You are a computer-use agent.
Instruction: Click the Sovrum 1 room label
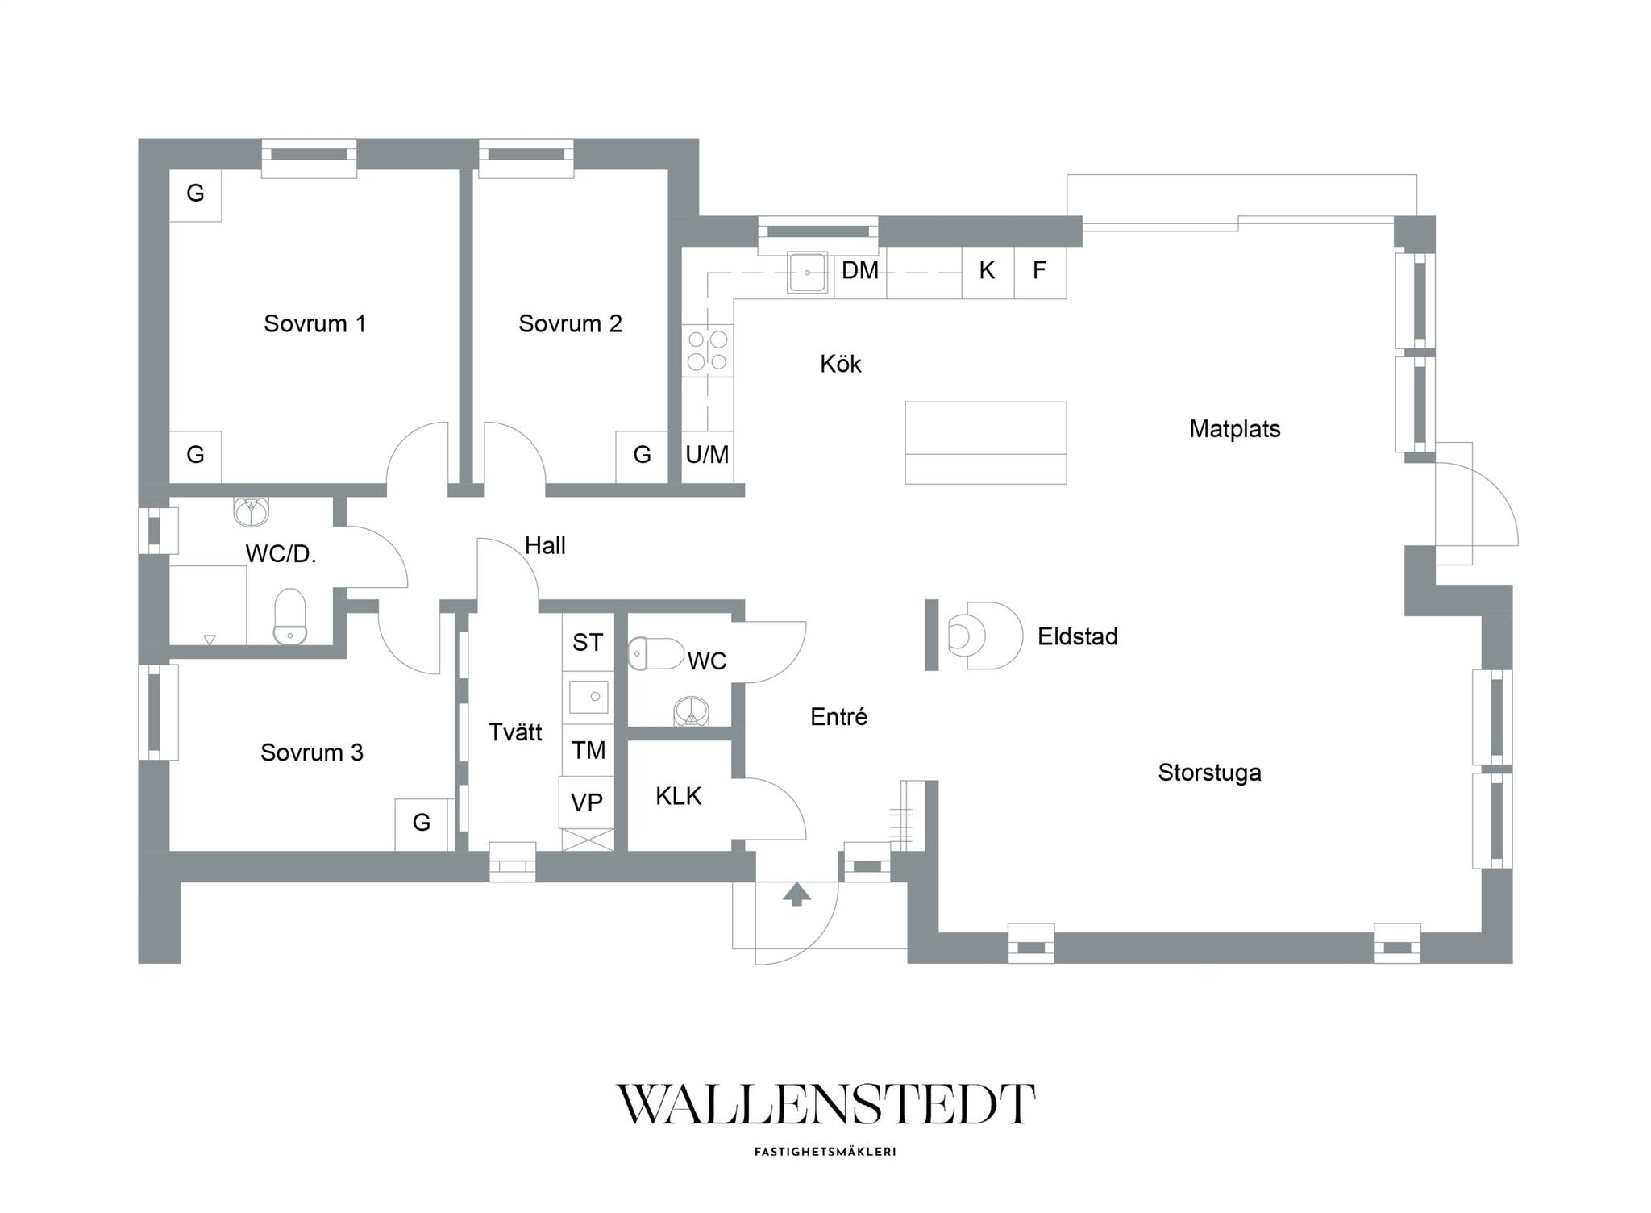pyautogui.click(x=314, y=323)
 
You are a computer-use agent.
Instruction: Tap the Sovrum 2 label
pyautogui.click(x=570, y=323)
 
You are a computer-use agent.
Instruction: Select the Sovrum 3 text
pyautogui.click(x=312, y=752)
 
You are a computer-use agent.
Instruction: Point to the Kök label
pyautogui.click(x=841, y=364)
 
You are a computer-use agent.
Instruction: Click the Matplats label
pyautogui.click(x=1235, y=428)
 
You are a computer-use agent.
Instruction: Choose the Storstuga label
pyautogui.click(x=1209, y=773)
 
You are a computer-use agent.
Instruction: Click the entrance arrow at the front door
pyautogui.click(x=796, y=894)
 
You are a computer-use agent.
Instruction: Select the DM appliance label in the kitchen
pyautogui.click(x=860, y=270)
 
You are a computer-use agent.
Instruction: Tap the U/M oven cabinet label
pyautogui.click(x=707, y=455)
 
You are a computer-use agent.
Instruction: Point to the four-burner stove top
pyautogui.click(x=707, y=350)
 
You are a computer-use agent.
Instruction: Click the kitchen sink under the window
pyautogui.click(x=807, y=273)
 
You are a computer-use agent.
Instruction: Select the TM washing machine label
pyautogui.click(x=588, y=751)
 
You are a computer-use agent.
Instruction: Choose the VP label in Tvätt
pyautogui.click(x=587, y=802)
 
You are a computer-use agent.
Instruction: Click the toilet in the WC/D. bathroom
pyautogui.click(x=290, y=616)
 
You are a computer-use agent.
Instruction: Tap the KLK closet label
pyautogui.click(x=678, y=796)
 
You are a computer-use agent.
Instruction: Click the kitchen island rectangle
pyautogui.click(x=985, y=443)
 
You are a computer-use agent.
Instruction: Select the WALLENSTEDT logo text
pyautogui.click(x=825, y=1104)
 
